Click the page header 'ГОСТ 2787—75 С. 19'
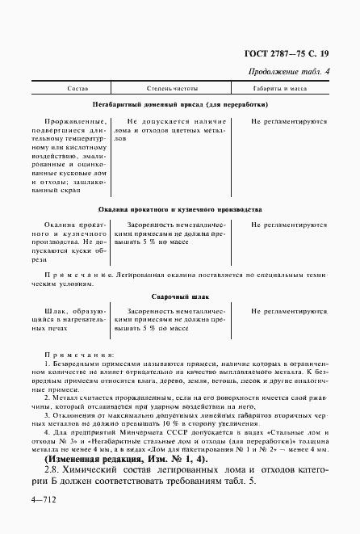[284, 54]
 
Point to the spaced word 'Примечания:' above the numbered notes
[77, 355]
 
